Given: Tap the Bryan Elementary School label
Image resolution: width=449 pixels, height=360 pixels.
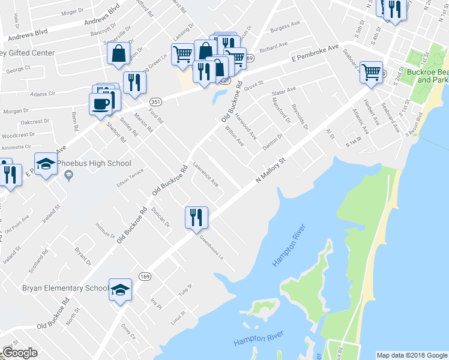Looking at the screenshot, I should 65,288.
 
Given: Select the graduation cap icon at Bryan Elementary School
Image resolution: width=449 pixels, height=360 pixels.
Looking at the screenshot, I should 119,289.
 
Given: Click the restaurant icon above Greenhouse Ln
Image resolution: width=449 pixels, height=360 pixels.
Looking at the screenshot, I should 196,217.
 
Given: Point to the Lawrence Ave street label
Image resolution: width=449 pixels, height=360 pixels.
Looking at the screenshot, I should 206,173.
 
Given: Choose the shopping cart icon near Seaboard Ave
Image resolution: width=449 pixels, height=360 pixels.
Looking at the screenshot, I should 372,73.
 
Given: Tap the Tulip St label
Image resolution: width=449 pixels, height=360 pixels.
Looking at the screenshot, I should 184,290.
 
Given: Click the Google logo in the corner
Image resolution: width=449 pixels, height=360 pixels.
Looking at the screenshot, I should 20,353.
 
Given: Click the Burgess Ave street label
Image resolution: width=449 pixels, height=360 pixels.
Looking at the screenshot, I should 285,26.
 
